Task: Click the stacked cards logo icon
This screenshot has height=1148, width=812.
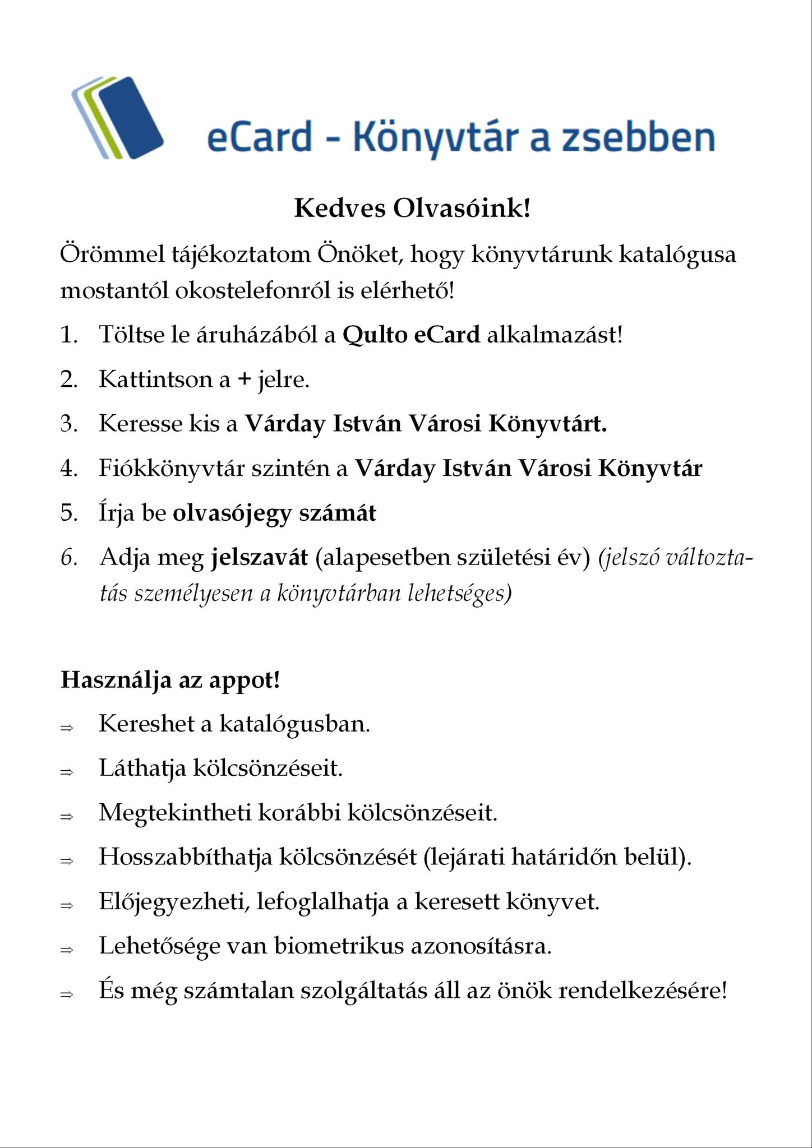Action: pos(117,117)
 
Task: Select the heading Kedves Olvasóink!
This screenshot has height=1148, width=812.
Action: pos(412,209)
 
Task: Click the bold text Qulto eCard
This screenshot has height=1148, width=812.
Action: pos(411,335)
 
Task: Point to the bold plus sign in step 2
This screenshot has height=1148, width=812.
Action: pos(243,380)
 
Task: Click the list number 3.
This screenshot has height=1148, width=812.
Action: pos(68,424)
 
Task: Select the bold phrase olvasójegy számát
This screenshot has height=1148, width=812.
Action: pos(274,513)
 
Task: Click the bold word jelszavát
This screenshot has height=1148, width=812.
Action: pos(259,558)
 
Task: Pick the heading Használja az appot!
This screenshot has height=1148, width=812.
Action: pos(170,681)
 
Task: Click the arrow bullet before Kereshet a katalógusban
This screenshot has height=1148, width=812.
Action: pos(67,728)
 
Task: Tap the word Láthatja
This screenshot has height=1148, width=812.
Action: pos(142,769)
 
